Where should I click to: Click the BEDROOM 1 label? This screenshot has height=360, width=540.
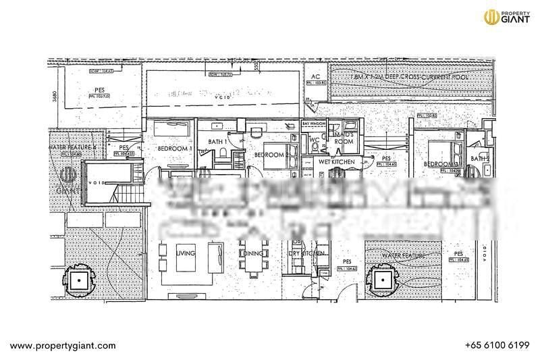(175, 149)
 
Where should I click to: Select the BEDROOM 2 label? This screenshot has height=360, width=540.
(271, 155)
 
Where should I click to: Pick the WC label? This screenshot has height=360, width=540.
(313, 140)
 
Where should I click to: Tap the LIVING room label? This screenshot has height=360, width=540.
(185, 253)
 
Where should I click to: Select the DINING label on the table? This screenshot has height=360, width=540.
(253, 253)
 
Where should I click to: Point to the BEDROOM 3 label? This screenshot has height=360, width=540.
(441, 163)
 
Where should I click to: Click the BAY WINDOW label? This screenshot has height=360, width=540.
(314, 125)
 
